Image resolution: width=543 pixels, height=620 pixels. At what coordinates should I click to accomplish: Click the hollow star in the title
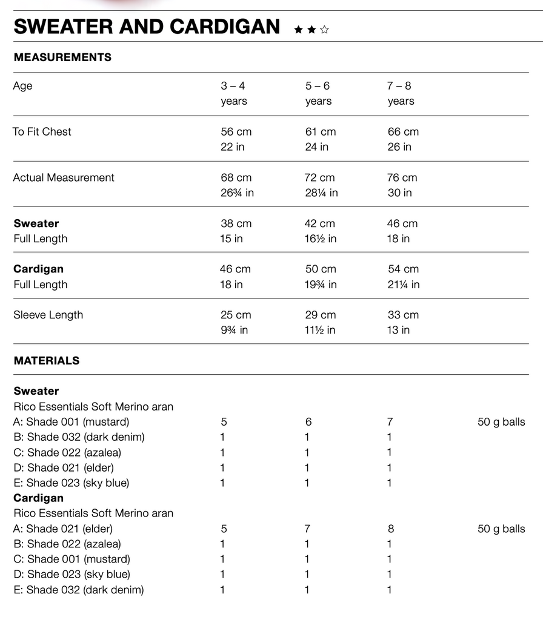pyautogui.click(x=324, y=29)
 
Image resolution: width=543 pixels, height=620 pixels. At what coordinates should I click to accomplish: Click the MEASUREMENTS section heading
pyautogui.click(x=62, y=58)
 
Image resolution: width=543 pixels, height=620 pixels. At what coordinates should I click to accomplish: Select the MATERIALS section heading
pyautogui.click(x=47, y=360)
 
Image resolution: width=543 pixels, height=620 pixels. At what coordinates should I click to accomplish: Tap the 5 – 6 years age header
pyautogui.click(x=318, y=93)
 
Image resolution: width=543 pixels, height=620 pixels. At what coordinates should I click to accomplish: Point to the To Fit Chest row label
pyautogui.click(x=42, y=131)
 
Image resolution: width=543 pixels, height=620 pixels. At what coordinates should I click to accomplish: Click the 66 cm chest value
pyautogui.click(x=403, y=131)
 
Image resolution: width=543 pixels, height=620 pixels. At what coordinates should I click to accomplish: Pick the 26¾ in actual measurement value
pyautogui.click(x=237, y=193)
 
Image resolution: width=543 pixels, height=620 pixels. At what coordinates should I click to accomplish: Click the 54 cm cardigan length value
pyautogui.click(x=403, y=269)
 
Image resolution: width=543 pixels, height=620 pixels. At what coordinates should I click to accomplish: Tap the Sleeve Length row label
pyautogui.click(x=48, y=315)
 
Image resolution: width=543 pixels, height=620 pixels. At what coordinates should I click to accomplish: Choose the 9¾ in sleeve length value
pyautogui.click(x=234, y=330)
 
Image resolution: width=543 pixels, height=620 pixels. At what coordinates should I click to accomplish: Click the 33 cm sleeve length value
pyautogui.click(x=403, y=315)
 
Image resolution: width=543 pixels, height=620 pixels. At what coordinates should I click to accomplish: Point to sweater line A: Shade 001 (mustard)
pyautogui.click(x=71, y=421)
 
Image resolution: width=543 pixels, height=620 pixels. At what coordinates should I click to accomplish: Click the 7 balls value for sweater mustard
pyautogui.click(x=390, y=421)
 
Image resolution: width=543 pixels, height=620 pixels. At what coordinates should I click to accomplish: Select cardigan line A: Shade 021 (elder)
pyautogui.click(x=63, y=529)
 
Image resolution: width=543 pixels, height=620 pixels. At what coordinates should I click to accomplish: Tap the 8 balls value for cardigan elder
pyautogui.click(x=390, y=529)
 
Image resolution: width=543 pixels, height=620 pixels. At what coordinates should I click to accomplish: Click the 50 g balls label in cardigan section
pyautogui.click(x=501, y=529)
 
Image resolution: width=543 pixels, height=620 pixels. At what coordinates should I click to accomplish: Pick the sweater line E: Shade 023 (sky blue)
pyautogui.click(x=71, y=483)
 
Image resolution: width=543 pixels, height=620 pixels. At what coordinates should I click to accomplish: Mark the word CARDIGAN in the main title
pyautogui.click(x=225, y=27)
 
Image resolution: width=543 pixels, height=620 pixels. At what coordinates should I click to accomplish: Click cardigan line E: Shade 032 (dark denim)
pyautogui.click(x=78, y=590)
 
